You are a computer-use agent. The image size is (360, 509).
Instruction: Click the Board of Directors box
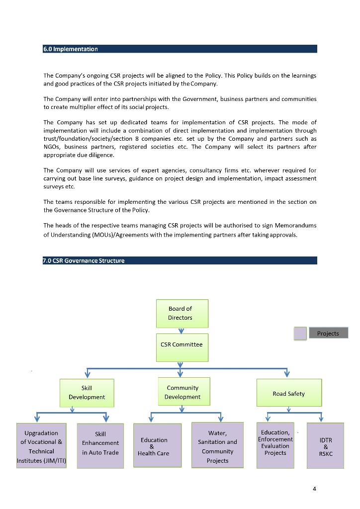click(182, 313)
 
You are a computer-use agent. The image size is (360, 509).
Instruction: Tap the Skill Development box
click(87, 393)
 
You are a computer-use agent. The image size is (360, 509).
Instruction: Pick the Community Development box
click(182, 392)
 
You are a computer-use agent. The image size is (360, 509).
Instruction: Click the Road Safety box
click(288, 393)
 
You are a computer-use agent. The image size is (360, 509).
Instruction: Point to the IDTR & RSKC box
click(325, 446)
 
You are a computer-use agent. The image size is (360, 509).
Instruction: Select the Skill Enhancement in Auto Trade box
click(100, 446)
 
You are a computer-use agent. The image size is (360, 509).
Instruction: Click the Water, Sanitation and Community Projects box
click(217, 446)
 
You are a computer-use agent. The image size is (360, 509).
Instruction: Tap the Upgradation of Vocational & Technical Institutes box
click(41, 446)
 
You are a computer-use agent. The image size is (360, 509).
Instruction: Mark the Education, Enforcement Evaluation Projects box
click(275, 445)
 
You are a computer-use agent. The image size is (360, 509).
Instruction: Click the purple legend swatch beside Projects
click(300, 334)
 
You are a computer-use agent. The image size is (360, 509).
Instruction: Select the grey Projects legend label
click(328, 333)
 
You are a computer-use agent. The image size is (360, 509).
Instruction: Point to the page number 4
click(314, 489)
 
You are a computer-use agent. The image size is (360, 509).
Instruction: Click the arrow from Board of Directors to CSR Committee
click(181, 331)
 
